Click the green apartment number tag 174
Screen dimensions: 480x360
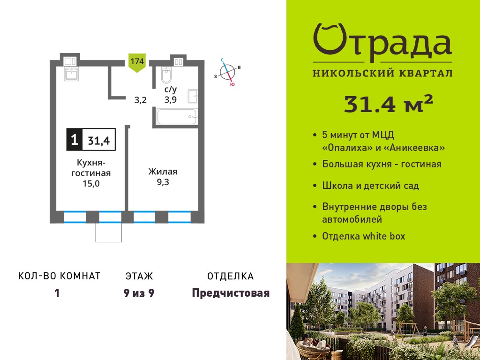coord(137,63)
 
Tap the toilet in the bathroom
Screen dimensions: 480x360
coord(167,75)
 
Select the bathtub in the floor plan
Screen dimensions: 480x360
coord(177,117)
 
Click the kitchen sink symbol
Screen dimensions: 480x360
coord(71,74)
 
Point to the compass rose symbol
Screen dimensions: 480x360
coord(227,72)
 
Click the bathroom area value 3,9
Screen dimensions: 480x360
coord(170,100)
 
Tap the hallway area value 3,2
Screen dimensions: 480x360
coord(141,100)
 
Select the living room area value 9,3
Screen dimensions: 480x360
coord(163,182)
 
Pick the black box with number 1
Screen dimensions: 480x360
coord(75,140)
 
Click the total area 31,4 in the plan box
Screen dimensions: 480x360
coord(99,141)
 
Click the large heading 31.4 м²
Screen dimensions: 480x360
coord(389,104)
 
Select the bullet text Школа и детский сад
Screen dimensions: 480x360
coord(370,186)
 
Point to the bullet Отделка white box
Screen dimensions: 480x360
coord(363,236)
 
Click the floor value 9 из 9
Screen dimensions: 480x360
coord(139,293)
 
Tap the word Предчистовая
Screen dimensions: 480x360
coord(231,293)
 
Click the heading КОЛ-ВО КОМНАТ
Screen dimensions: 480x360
coord(60,276)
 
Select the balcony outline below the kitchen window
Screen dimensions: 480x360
coord(109,232)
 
